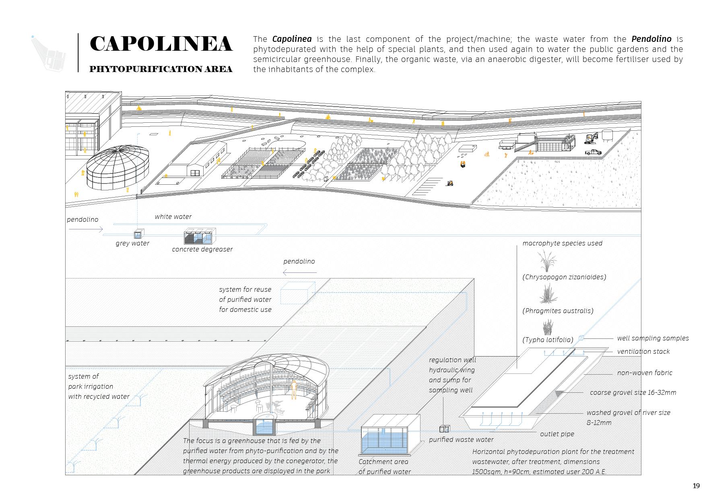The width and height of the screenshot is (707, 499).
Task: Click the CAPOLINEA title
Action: tap(161, 44)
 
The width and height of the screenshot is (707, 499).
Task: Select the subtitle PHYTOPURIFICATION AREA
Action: tap(161, 69)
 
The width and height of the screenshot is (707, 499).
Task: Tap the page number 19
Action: tap(696, 486)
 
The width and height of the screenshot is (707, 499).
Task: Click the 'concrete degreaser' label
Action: tap(202, 249)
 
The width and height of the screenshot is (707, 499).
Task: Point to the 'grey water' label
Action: tap(132, 243)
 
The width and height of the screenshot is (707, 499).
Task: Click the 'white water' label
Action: tap(173, 217)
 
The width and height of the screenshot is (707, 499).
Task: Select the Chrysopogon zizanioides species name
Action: tap(564, 277)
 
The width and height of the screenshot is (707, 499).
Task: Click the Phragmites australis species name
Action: tap(558, 311)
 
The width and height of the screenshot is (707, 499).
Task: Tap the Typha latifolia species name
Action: tap(548, 340)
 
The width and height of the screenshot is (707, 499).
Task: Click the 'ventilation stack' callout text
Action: tap(643, 351)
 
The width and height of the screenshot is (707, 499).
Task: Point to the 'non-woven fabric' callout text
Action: tap(645, 373)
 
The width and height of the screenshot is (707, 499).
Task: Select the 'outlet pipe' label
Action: tap(557, 434)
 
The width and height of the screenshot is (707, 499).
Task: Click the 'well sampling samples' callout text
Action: tap(653, 338)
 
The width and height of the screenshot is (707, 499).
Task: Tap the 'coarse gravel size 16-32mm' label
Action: tap(633, 392)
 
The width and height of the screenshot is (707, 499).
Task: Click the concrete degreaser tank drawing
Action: tap(200, 237)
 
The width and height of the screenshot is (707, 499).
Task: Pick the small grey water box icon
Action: tap(138, 234)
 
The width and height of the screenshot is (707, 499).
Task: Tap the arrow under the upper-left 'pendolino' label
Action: tap(86, 229)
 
